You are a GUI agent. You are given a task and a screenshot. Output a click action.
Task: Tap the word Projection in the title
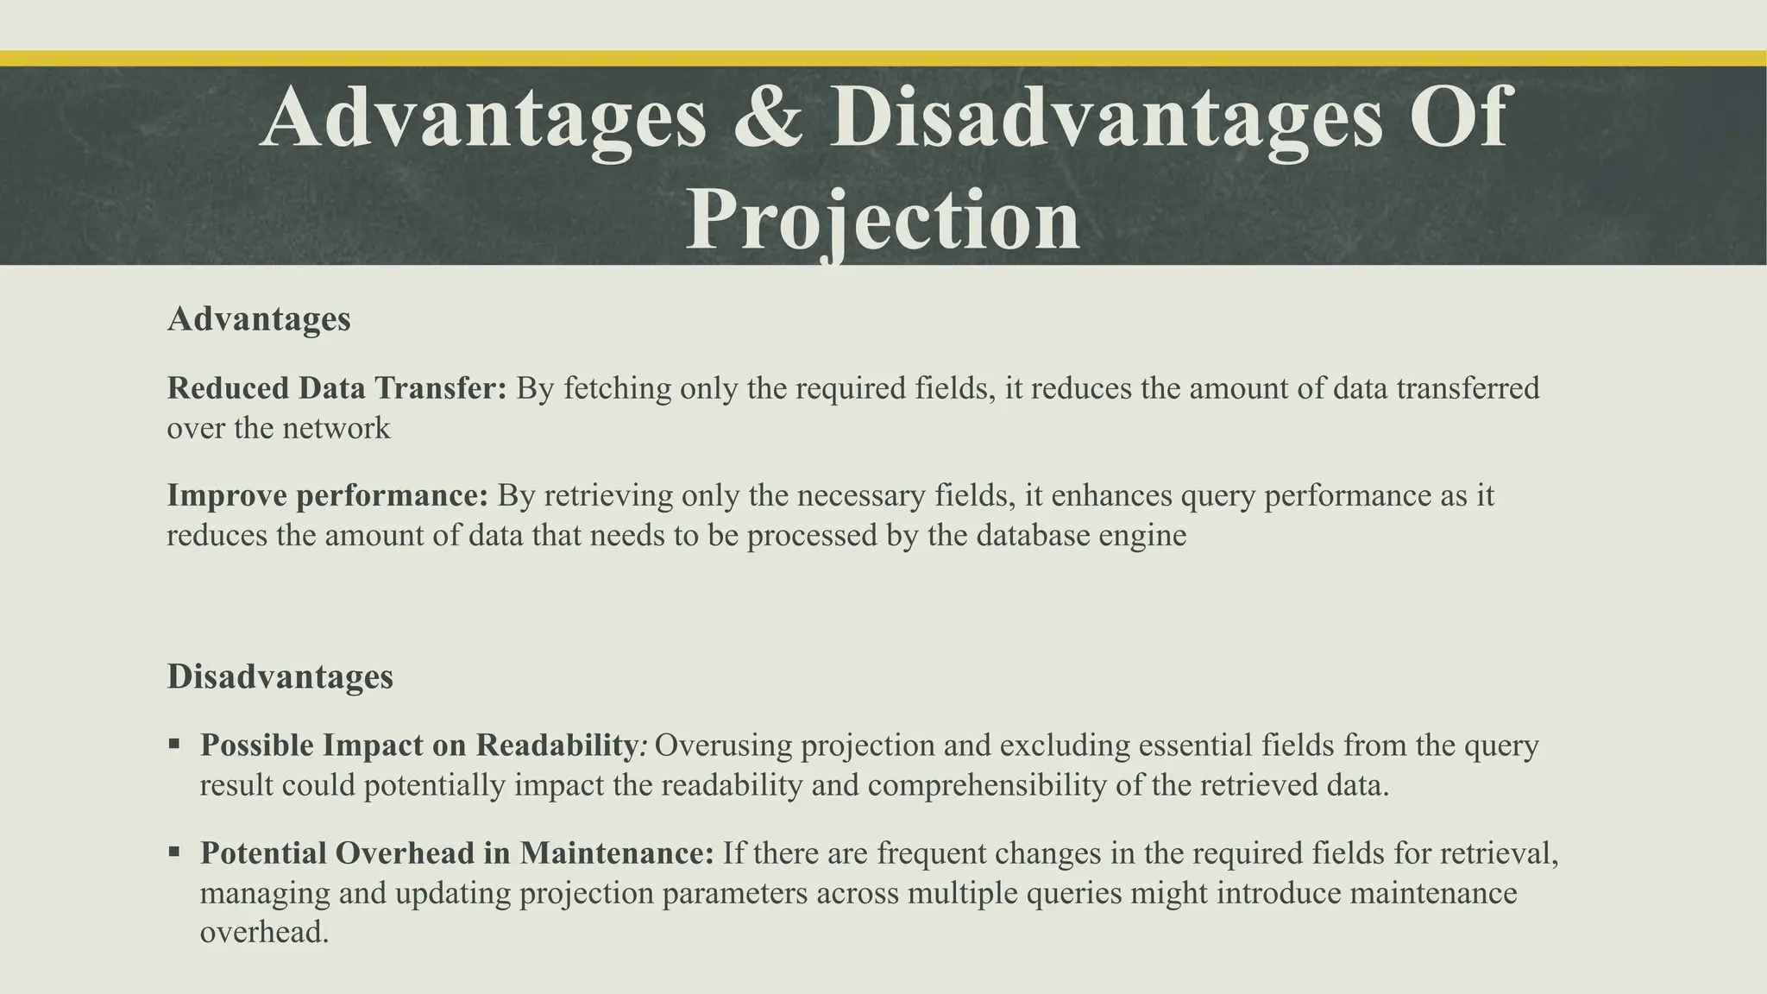(x=883, y=221)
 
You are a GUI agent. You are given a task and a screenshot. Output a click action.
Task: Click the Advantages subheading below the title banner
(x=259, y=319)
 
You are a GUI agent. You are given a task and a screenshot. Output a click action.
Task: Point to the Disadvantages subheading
(x=280, y=676)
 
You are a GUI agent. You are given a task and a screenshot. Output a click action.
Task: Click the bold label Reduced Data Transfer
(x=336, y=388)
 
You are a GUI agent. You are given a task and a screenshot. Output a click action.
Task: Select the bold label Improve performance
(x=328, y=496)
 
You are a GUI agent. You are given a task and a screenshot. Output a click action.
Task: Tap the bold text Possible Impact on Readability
(x=418, y=745)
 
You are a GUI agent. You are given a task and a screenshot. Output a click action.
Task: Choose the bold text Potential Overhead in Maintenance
(x=457, y=853)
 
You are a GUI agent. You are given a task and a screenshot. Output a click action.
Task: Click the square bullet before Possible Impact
(x=174, y=743)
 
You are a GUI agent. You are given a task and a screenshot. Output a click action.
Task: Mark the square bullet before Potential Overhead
(x=174, y=852)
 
